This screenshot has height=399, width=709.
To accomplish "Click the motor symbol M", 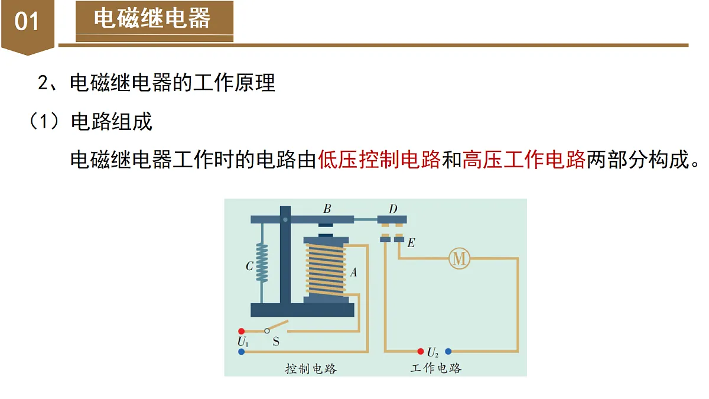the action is [459, 259].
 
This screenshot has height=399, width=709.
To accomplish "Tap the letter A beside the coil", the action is [353, 272].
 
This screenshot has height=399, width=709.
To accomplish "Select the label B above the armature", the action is [327, 209].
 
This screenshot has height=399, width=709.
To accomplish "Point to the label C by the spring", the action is [249, 266].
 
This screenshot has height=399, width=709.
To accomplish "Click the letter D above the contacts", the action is [393, 209].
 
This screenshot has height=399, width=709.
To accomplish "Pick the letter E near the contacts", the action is [411, 243].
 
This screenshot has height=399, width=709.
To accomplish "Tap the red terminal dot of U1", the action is [242, 331].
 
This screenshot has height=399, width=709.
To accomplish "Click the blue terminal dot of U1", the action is [242, 352].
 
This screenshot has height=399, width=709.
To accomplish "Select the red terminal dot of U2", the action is [421, 351].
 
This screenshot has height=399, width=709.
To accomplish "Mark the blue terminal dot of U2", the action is [448, 351].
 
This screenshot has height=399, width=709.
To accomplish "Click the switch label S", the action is [276, 342].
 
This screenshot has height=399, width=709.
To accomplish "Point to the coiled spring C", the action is [262, 262].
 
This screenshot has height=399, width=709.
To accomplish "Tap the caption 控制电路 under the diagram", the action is [311, 369].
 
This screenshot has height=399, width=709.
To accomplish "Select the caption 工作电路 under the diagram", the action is [436, 368].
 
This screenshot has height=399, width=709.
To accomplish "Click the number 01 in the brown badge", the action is [27, 21].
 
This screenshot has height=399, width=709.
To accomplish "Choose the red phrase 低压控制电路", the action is [379, 160].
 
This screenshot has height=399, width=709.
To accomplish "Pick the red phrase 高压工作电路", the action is [524, 160].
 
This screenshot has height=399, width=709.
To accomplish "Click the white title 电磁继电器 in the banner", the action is [152, 18].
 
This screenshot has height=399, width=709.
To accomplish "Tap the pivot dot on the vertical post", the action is [285, 219].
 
